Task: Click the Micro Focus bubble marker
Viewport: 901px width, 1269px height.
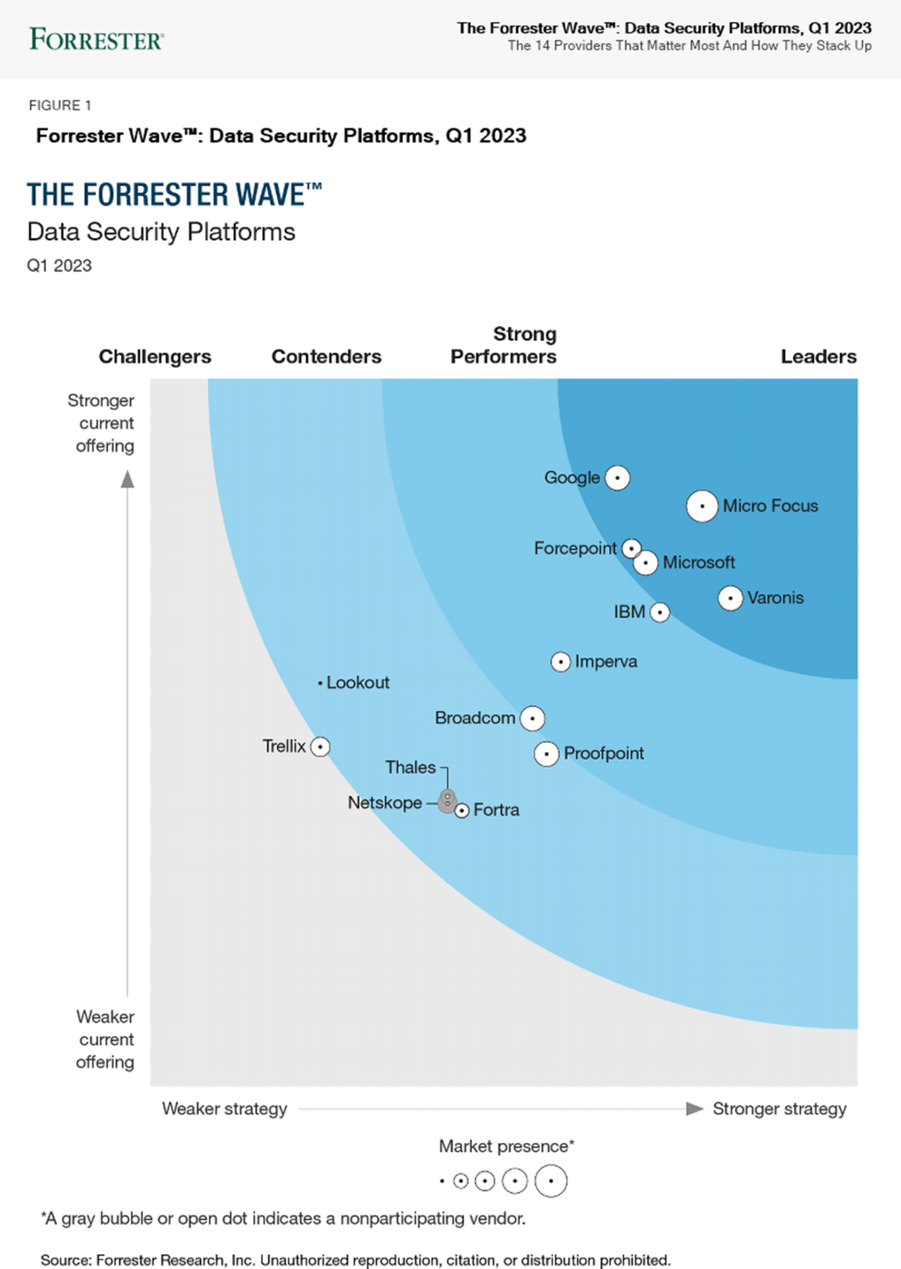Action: (702, 506)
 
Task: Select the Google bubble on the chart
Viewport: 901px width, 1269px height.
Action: (617, 478)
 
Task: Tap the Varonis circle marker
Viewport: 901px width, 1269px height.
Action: (730, 598)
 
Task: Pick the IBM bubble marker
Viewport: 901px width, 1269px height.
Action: (659, 612)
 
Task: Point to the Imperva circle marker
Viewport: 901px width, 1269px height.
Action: (560, 662)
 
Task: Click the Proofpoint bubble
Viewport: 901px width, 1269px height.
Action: (546, 754)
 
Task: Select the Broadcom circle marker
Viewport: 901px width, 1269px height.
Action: (532, 718)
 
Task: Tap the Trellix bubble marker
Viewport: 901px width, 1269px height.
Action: (320, 747)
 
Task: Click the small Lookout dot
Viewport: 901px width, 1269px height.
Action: (320, 683)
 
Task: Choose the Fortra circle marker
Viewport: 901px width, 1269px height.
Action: (461, 810)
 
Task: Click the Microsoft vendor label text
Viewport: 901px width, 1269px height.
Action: (699, 563)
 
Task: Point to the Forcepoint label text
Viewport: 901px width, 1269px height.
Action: (575, 548)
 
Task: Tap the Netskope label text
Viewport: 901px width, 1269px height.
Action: (385, 803)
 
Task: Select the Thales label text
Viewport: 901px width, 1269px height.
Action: (411, 768)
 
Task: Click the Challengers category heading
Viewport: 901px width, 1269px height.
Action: (155, 357)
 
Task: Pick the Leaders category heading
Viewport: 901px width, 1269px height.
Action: (818, 357)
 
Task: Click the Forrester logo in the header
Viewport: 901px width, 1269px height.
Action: (96, 39)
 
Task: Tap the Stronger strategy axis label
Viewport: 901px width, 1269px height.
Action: (779, 1109)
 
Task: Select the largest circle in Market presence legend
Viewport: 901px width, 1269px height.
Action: (551, 1180)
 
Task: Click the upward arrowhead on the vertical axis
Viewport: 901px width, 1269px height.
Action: (127, 479)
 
